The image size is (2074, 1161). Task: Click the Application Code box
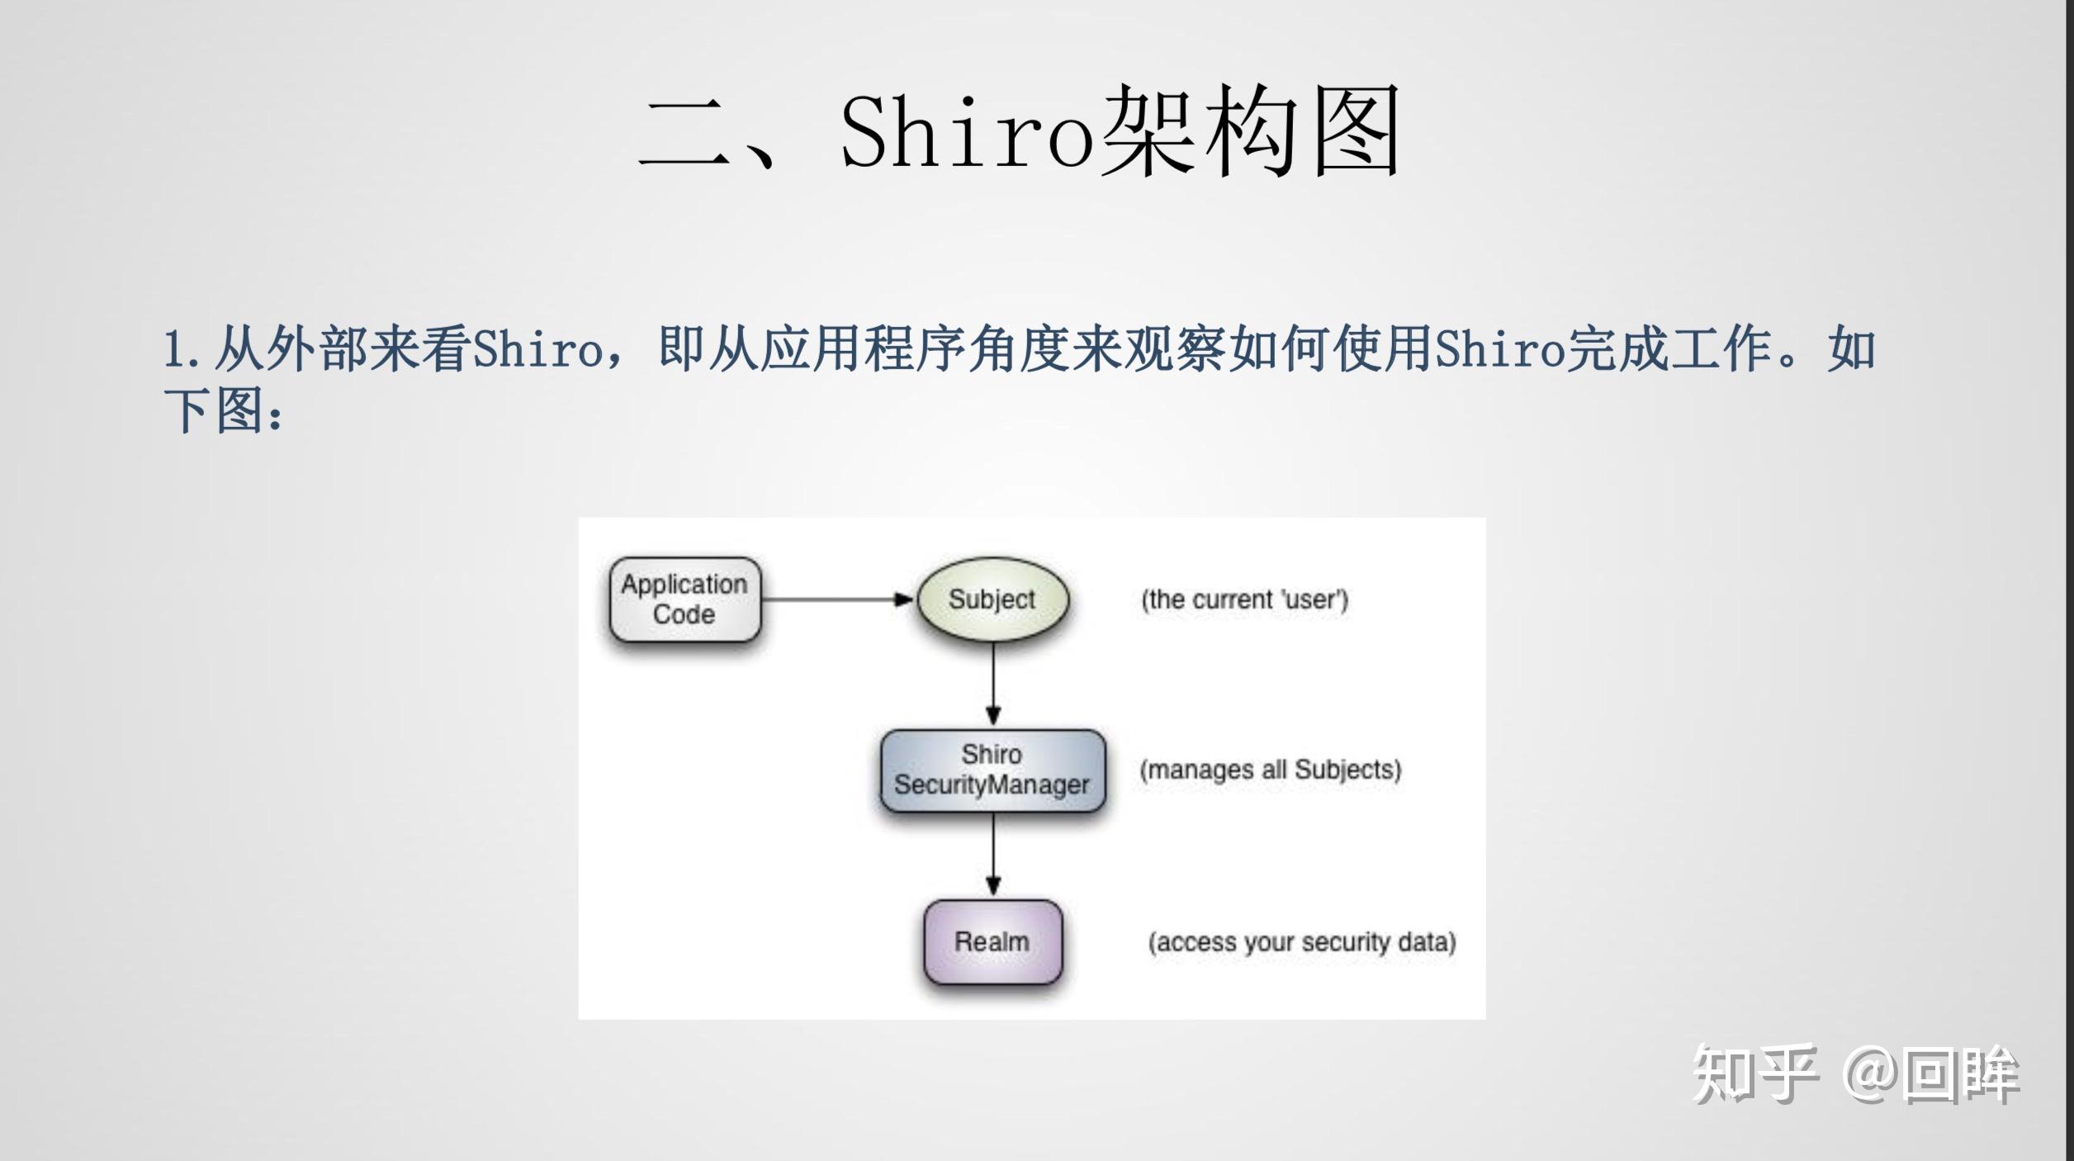[684, 599]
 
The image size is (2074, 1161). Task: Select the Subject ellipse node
[992, 599]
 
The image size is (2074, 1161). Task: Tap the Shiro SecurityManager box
[992, 770]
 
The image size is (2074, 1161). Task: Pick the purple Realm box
[992, 941]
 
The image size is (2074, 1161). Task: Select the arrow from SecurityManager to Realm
[993, 855]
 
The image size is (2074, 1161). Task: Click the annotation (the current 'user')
[1244, 599]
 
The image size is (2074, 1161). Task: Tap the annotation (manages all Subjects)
[1270, 770]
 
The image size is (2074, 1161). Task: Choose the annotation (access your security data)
[1301, 942]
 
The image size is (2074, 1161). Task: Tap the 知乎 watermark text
[1754, 1073]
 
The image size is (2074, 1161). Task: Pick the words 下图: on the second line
[223, 410]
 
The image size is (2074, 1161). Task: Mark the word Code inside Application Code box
[684, 614]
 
